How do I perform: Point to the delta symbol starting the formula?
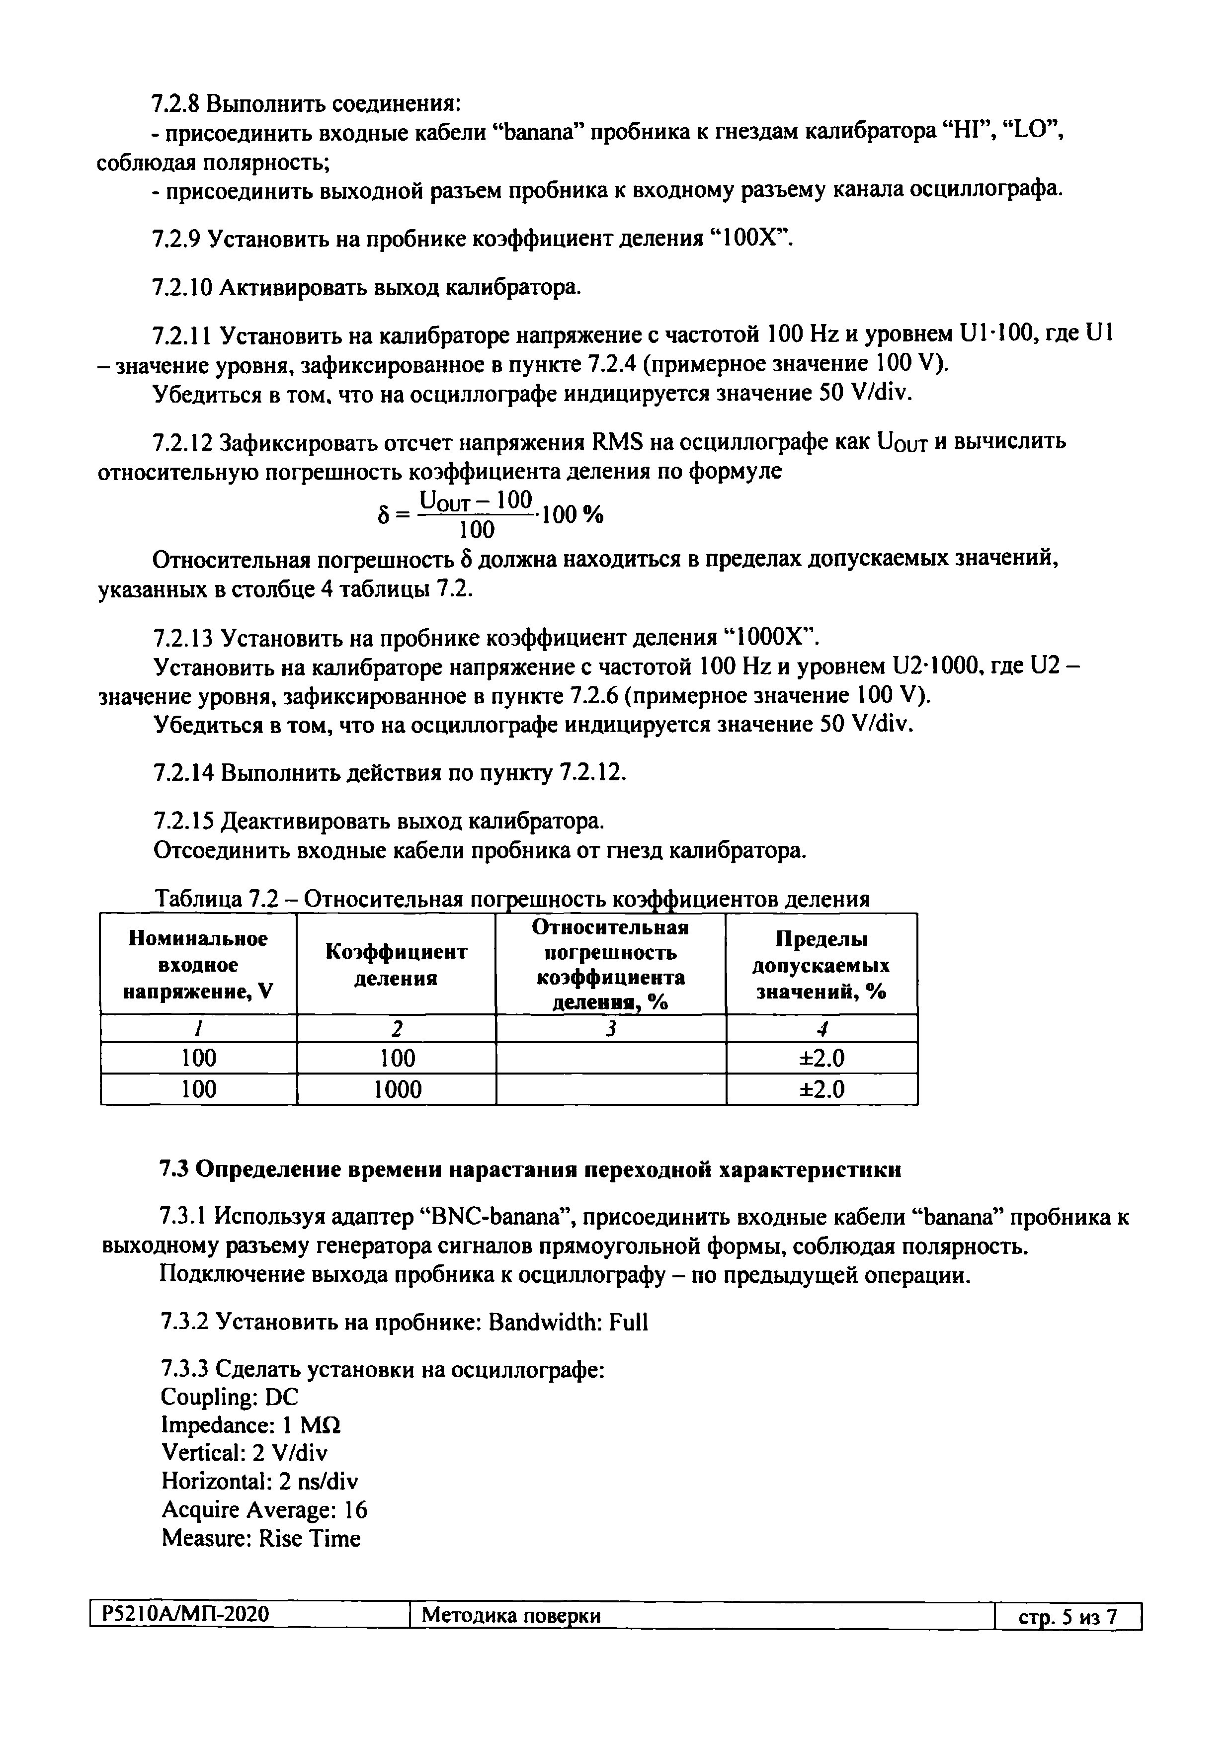[383, 516]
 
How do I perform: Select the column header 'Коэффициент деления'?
[396, 964]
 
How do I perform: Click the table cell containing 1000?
[396, 1089]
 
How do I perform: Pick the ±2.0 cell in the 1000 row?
[821, 1089]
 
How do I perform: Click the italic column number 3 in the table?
[610, 1029]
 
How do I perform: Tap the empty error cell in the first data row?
[610, 1058]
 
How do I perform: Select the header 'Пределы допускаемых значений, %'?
[821, 965]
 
